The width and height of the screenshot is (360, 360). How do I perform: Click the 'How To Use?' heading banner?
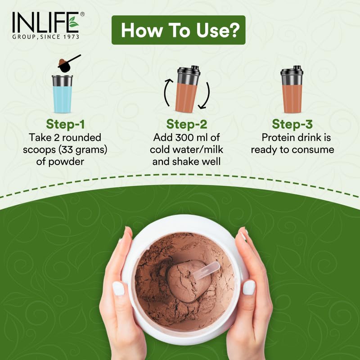178,30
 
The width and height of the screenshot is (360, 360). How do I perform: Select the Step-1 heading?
66,124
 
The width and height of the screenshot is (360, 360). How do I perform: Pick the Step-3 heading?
292,124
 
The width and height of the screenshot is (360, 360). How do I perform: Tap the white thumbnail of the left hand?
118,288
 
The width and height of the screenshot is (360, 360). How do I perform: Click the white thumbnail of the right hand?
249,287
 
